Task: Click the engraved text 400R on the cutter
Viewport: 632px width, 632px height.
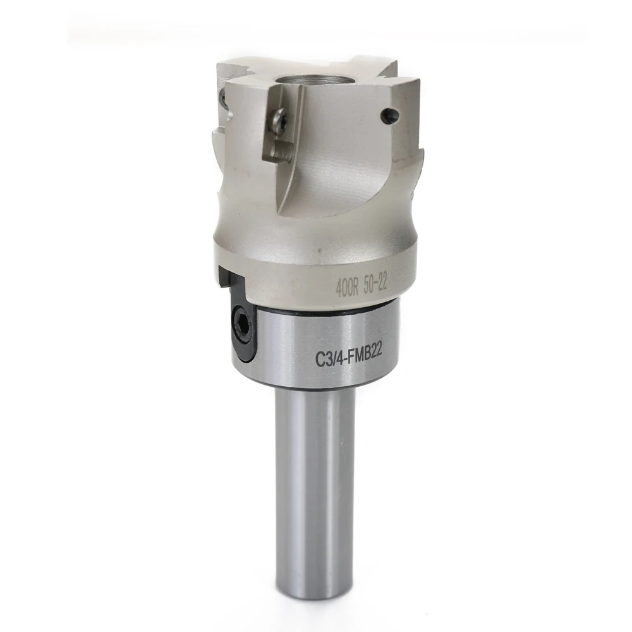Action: pyautogui.click(x=347, y=287)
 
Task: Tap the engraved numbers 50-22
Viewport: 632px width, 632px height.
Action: pyautogui.click(x=375, y=283)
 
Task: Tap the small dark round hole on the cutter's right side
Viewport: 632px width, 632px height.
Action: pyautogui.click(x=389, y=116)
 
